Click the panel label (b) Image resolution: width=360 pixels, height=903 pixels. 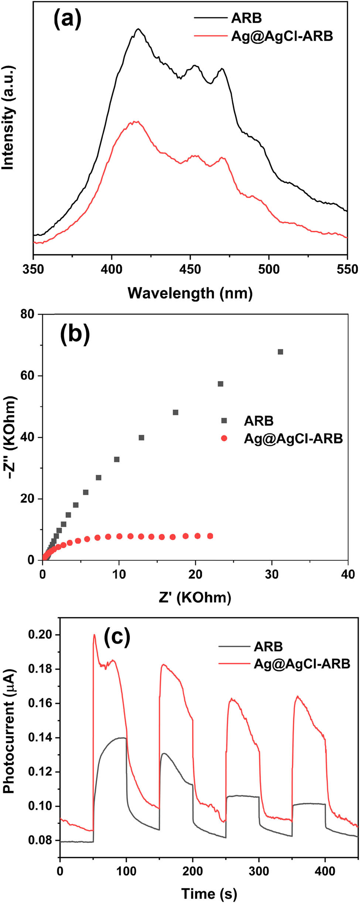click(75, 334)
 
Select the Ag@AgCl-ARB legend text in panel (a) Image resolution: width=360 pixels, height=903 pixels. click(282, 36)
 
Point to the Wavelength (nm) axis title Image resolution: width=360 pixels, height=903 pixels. click(190, 293)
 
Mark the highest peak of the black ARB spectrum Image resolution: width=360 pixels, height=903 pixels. click(138, 29)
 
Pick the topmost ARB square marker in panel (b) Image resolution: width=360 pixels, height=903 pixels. click(280, 352)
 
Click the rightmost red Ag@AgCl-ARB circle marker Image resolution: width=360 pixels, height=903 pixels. click(210, 536)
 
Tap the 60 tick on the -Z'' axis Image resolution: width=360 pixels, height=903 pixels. click(30, 376)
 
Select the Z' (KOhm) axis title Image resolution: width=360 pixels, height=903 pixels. click(195, 597)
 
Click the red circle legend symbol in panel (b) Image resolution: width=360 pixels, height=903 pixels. click(224, 438)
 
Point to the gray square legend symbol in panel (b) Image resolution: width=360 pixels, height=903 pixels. click(224, 420)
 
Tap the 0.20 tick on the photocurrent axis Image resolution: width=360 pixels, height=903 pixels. click(42, 635)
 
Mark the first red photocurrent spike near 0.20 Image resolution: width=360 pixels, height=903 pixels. click(94, 635)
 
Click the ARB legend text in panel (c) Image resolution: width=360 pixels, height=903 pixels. click(268, 646)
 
